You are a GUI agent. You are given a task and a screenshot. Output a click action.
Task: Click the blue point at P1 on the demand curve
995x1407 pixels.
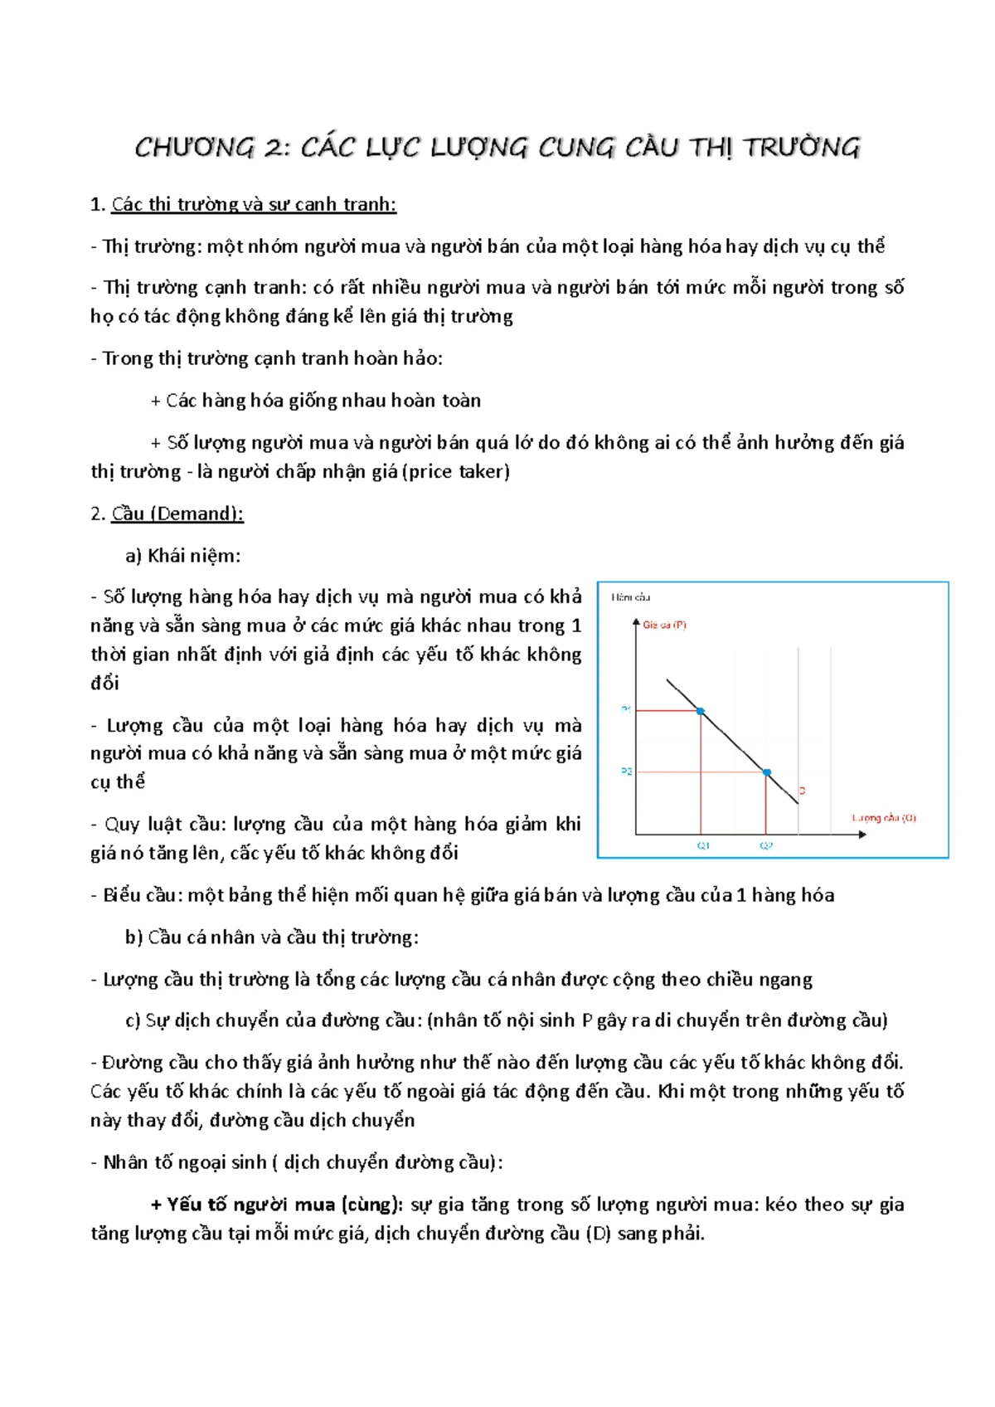[701, 711]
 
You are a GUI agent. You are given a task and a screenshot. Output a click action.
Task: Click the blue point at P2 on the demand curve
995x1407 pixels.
[766, 772]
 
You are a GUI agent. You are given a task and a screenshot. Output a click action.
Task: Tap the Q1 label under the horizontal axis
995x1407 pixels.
[703, 845]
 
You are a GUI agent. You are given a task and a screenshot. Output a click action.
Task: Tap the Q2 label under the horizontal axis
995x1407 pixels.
[766, 845]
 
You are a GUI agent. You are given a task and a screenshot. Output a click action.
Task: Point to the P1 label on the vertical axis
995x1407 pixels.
[626, 709]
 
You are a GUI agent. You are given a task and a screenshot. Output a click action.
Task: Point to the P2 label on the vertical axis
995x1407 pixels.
[626, 772]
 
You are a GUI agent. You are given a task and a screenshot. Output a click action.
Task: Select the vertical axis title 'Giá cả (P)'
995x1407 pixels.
[664, 625]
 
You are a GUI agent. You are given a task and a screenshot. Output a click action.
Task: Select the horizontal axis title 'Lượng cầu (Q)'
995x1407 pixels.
[884, 817]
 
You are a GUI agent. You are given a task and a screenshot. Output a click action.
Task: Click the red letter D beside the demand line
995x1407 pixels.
[802, 791]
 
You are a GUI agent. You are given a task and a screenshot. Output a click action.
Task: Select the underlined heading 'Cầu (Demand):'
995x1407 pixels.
[177, 514]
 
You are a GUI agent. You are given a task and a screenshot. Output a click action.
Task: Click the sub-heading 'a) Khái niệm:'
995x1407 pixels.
[182, 555]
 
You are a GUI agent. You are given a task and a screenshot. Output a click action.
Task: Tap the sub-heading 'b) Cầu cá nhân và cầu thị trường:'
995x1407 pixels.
[272, 937]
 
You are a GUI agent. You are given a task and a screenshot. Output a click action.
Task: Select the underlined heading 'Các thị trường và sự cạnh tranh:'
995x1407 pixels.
[254, 204]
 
